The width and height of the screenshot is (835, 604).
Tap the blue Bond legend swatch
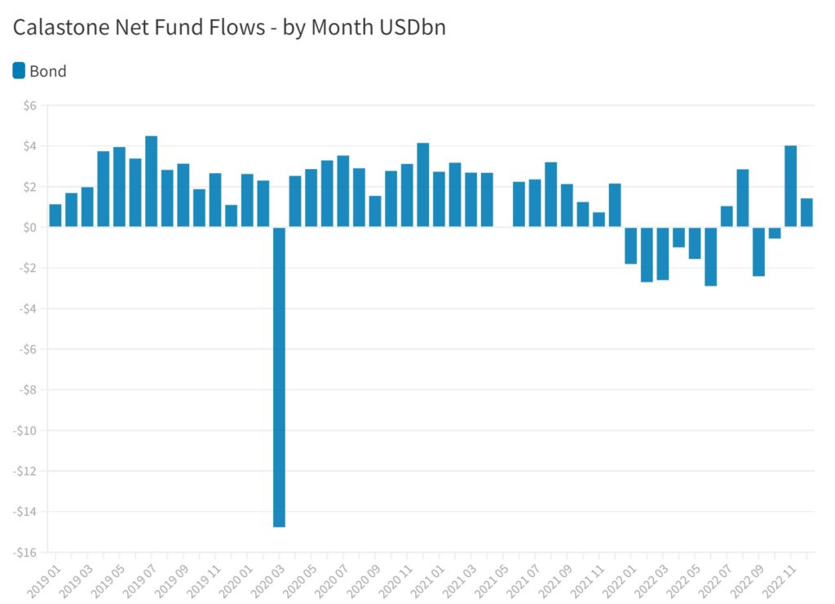19,71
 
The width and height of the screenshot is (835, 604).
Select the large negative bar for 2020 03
279,375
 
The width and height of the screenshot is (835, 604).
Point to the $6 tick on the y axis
30,106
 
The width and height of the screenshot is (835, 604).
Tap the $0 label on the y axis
30,228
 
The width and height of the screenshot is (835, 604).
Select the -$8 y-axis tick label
28,390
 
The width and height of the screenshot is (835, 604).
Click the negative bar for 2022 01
630,246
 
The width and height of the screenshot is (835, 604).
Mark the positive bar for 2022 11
790,186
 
